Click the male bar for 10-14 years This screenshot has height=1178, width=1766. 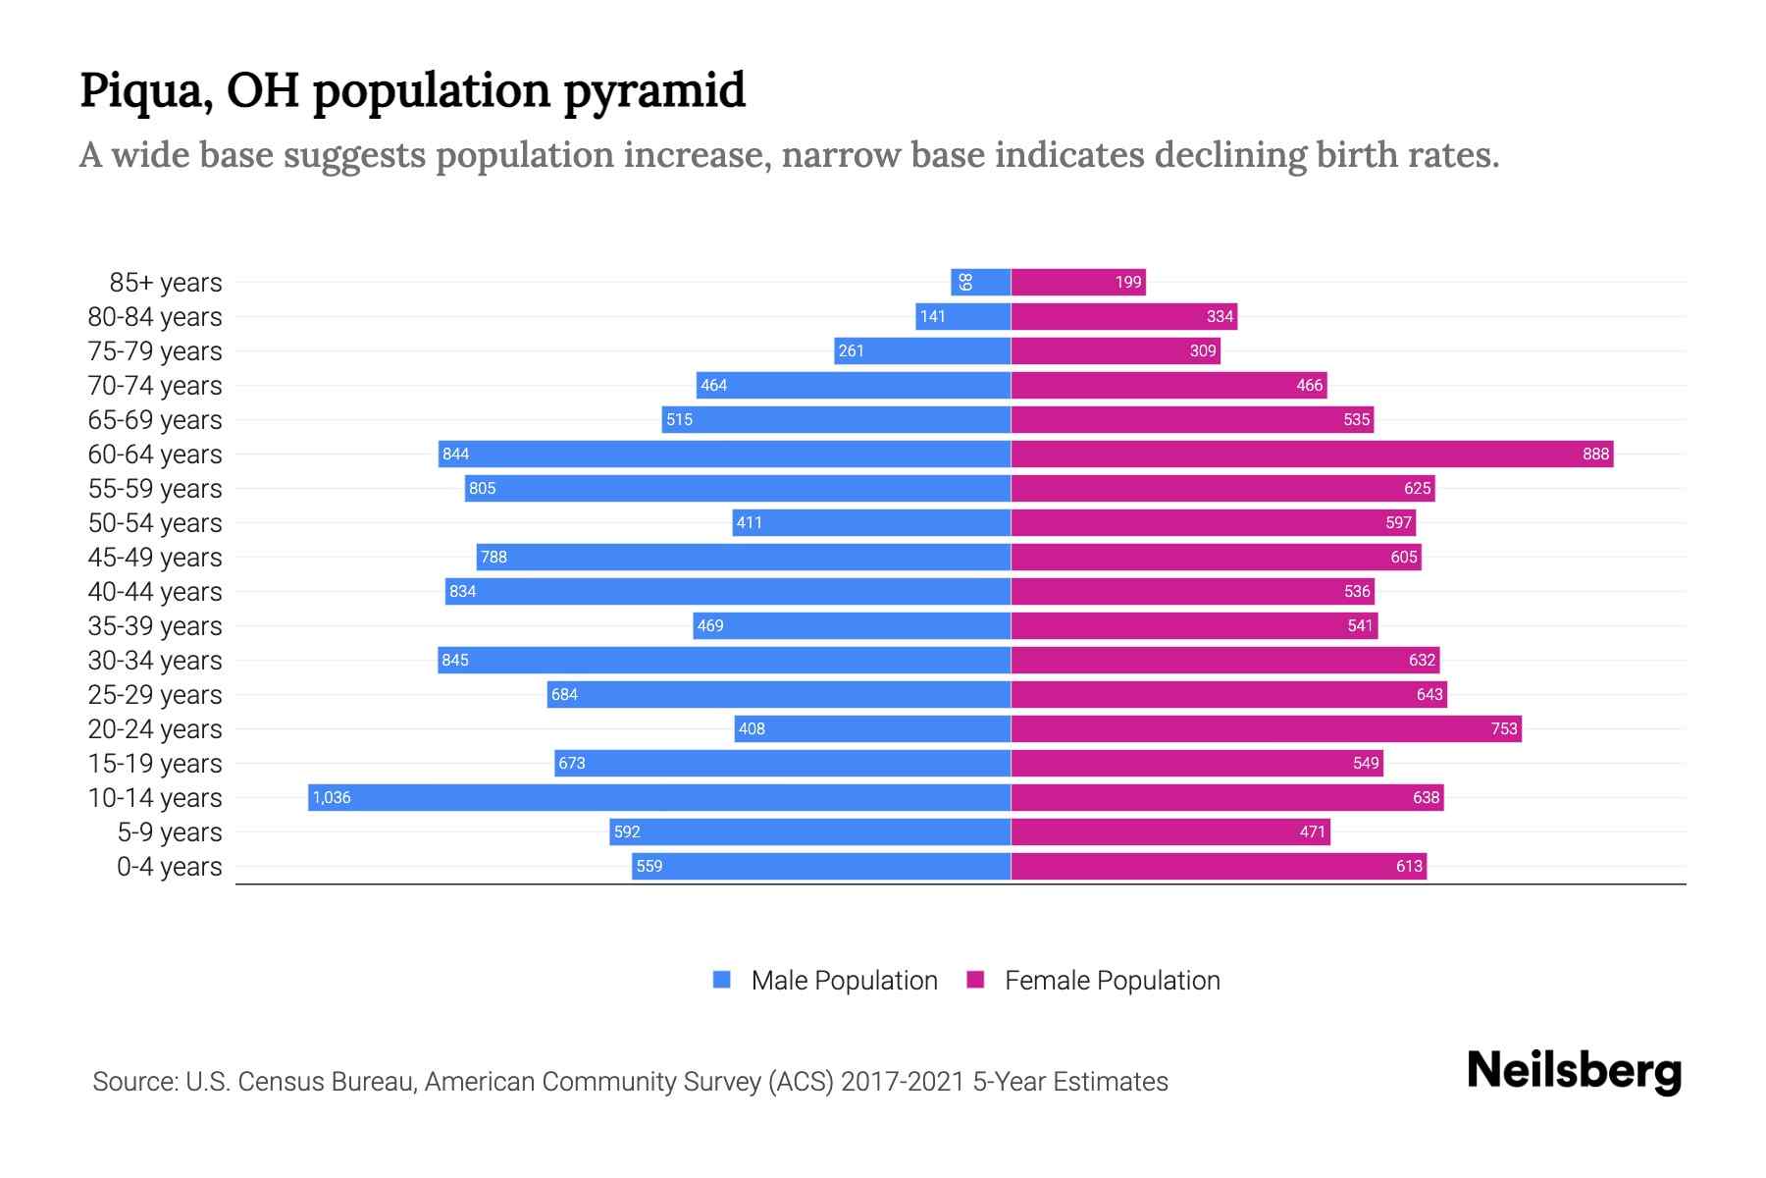tap(659, 797)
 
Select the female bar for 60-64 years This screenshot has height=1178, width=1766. tap(1312, 454)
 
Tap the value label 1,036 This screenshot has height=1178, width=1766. tap(332, 797)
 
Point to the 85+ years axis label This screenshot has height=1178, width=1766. tap(165, 283)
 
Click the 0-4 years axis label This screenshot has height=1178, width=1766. tap(169, 867)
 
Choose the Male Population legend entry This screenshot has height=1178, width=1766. tap(825, 981)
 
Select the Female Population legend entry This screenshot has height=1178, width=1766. tap(1094, 981)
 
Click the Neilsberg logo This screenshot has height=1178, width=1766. tap(1574, 1071)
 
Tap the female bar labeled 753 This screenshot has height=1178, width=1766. tap(1266, 728)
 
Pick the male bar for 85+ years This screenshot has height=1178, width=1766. tap(981, 282)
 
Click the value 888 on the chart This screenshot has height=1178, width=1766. tap(1595, 454)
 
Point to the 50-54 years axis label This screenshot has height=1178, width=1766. tap(155, 523)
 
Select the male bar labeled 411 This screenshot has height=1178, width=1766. tap(871, 522)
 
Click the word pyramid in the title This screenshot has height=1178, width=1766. tap(654, 90)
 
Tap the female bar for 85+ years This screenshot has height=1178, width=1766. tap(1078, 282)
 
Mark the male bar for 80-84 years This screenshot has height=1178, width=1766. tap(963, 316)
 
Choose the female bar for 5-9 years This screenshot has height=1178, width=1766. tap(1170, 831)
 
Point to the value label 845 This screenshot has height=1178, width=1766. tap(455, 660)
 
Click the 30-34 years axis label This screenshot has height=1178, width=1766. tap(155, 661)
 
